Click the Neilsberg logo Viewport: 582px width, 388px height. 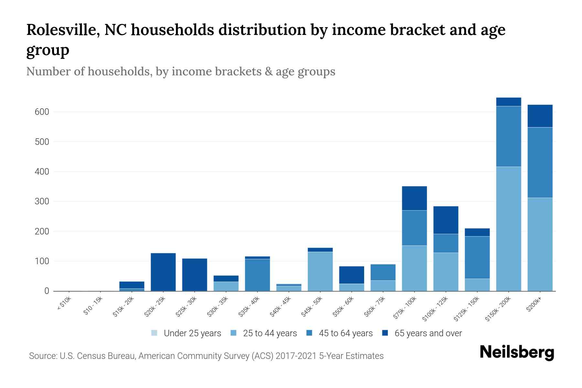(517, 352)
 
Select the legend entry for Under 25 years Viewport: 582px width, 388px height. (186, 333)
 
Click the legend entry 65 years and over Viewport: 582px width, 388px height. (422, 333)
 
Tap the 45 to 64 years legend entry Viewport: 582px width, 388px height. (339, 333)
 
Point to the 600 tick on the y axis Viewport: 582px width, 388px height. (42, 112)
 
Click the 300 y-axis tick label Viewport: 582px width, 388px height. (42, 201)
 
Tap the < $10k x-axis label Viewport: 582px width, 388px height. (64, 304)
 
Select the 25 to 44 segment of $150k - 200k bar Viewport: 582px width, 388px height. (509, 229)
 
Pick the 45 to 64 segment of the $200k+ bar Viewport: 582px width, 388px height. (540, 162)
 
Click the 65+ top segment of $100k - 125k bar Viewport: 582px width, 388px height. (446, 220)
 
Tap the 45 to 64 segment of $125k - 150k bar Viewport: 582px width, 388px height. (477, 257)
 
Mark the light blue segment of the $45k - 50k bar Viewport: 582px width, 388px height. (320, 271)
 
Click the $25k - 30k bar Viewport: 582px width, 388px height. (195, 275)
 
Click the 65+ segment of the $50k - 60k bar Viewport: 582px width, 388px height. (351, 275)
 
